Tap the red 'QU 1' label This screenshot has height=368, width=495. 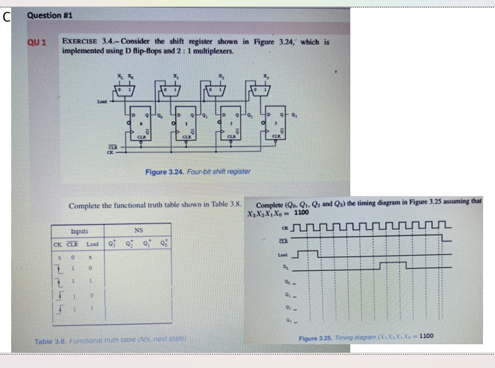(37, 43)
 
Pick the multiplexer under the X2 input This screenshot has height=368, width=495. (222, 89)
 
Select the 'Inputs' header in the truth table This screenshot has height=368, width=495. (79, 230)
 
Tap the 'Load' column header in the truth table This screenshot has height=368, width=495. (92, 244)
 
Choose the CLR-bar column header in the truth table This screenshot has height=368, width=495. (74, 244)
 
